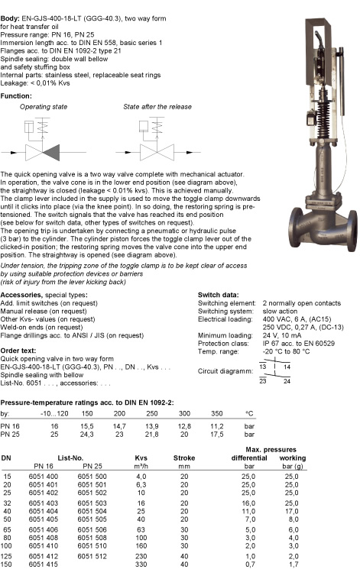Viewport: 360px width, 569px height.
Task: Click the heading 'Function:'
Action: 16,95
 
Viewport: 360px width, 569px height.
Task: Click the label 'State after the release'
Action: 157,107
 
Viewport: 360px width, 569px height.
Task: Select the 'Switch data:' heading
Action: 219,295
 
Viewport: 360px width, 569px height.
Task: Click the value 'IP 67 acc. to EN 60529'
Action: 299,343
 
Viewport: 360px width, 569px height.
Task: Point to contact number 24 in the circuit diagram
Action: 287,381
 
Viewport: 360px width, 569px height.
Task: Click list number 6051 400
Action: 44,477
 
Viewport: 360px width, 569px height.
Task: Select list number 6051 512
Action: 92,556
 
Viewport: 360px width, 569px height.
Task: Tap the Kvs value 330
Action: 141,564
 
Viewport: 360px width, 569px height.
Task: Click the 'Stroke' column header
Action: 184,458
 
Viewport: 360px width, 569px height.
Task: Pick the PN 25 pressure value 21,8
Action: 152,435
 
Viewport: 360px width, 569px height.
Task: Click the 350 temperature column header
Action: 217,413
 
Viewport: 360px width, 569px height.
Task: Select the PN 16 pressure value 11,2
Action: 217,426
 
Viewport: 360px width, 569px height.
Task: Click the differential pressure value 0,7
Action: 250,564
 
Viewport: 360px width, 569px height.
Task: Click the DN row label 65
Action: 7,529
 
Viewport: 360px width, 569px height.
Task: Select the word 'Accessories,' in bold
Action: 21,295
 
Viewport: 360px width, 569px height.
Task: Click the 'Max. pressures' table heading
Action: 271,450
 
